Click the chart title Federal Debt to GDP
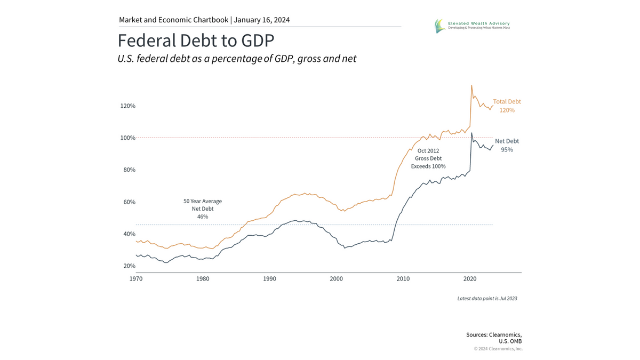tap(196, 41)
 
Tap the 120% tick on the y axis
tap(127, 106)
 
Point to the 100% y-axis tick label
tap(127, 138)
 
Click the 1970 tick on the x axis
tap(136, 279)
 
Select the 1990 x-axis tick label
tap(269, 279)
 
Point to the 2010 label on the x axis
tap(403, 279)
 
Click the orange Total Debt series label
tap(507, 106)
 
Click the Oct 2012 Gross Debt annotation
tap(428, 158)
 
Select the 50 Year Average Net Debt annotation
tap(203, 209)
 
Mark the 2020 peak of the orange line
tap(471, 85)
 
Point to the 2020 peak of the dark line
tap(471, 133)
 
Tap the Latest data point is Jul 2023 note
tap(487, 299)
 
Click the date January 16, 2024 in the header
tap(262, 20)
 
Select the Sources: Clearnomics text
tap(494, 334)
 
